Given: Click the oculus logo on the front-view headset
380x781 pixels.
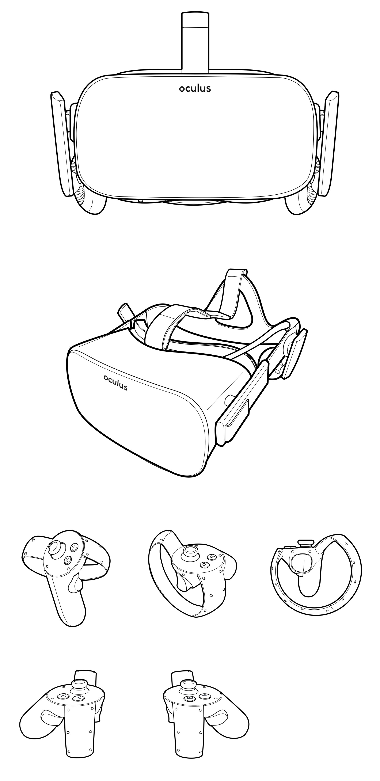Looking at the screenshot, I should click(x=195, y=88).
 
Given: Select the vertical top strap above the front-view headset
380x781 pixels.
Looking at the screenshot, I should click(x=195, y=42).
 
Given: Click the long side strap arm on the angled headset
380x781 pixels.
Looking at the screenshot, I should click(x=243, y=403).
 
